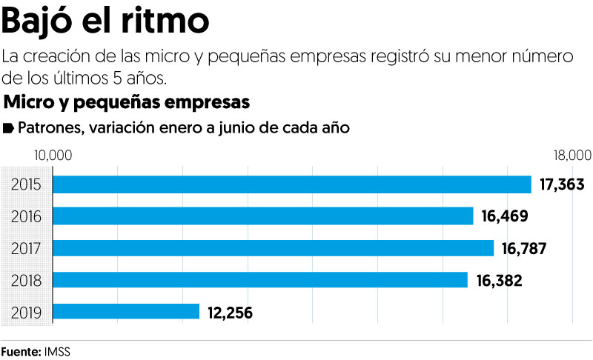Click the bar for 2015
pyautogui.click(x=294, y=184)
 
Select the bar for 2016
pyautogui.click(x=265, y=216)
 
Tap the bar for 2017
pyautogui.click(x=275, y=248)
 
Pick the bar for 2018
pyautogui.click(x=262, y=280)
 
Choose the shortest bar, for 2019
pyautogui.click(x=127, y=312)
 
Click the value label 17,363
pyautogui.click(x=563, y=184)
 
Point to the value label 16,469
pyautogui.click(x=504, y=216)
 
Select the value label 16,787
pyautogui.click(x=525, y=248)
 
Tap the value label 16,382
pyautogui.click(x=499, y=280)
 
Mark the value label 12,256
pyautogui.click(x=230, y=313)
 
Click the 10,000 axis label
pyautogui.click(x=52, y=156)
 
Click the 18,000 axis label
pyautogui.click(x=572, y=156)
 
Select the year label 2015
pyautogui.click(x=26, y=185)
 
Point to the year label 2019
pyautogui.click(x=26, y=313)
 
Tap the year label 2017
pyautogui.click(x=26, y=249)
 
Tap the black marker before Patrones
pyautogui.click(x=8, y=128)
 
